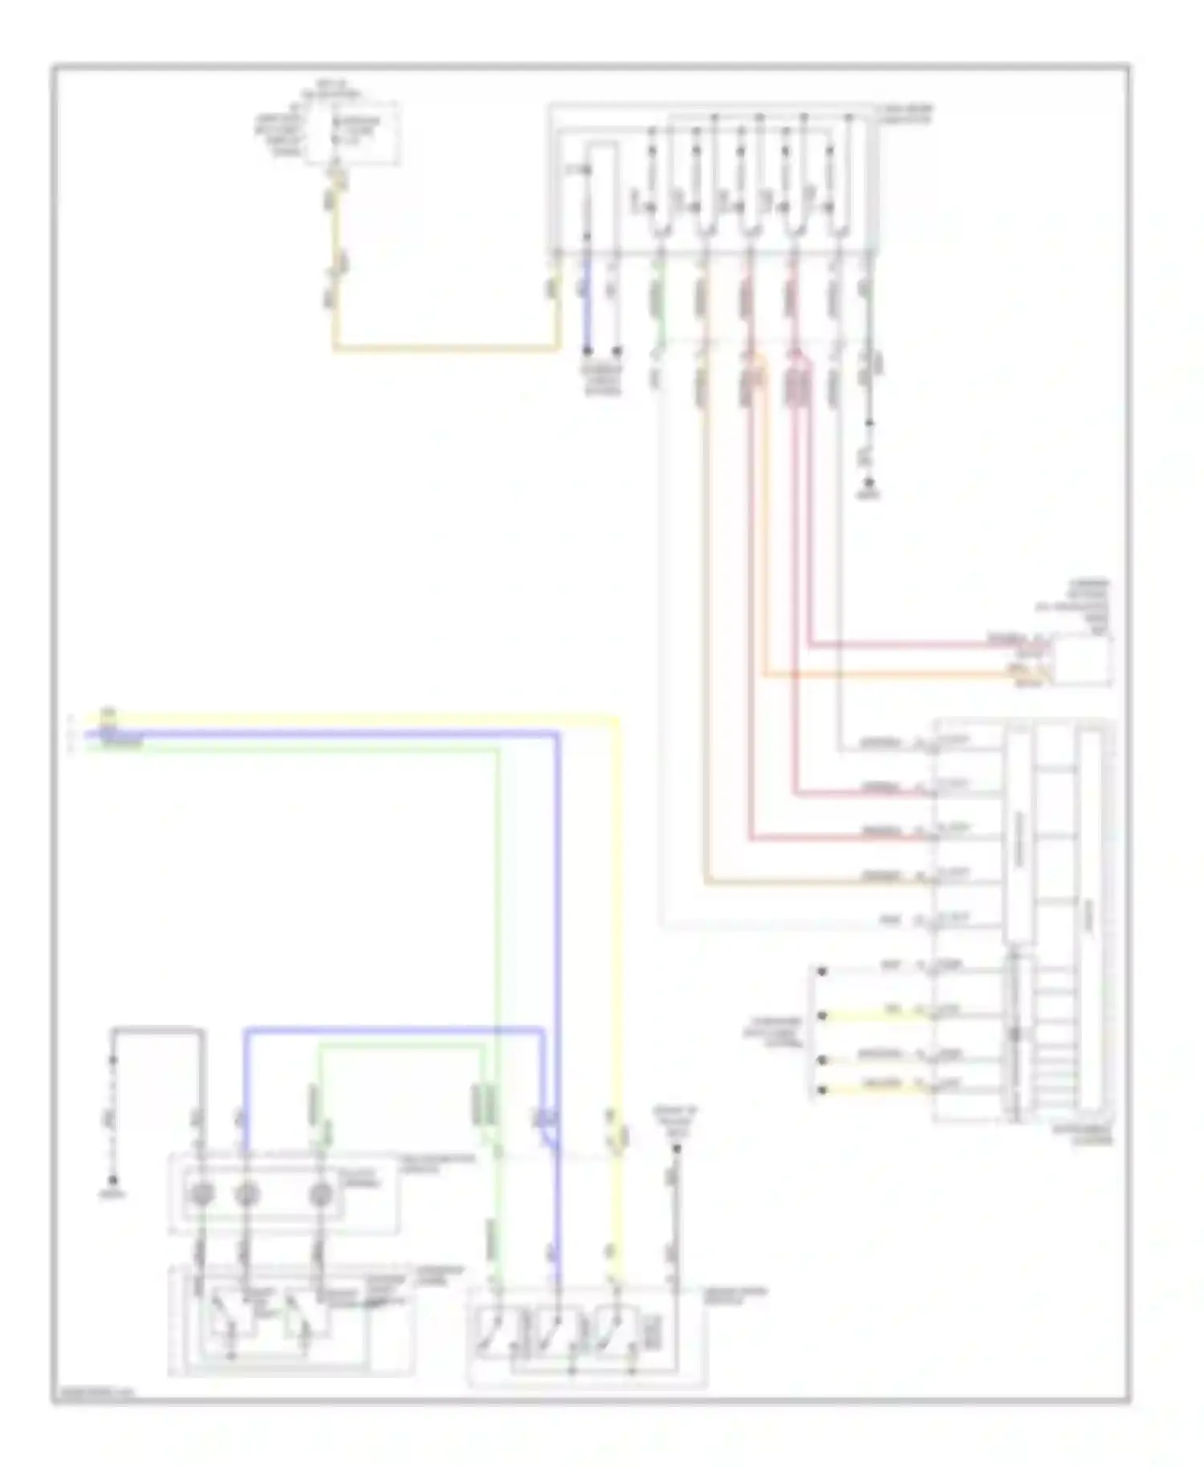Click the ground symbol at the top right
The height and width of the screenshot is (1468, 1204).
868,485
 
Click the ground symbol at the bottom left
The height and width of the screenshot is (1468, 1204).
113,1181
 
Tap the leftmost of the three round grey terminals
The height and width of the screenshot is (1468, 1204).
199,1195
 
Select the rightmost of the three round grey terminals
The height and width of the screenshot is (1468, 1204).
321,1195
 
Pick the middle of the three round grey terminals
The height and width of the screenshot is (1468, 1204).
246,1195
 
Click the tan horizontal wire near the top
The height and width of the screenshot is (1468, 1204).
445,349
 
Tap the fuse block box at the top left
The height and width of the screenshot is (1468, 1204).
351,133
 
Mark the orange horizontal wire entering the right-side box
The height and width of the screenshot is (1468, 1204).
883,676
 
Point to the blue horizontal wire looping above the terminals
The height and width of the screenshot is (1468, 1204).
393,1030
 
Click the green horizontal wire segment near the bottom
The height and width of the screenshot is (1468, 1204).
401,1046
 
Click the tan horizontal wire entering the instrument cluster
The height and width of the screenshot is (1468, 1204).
811,883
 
